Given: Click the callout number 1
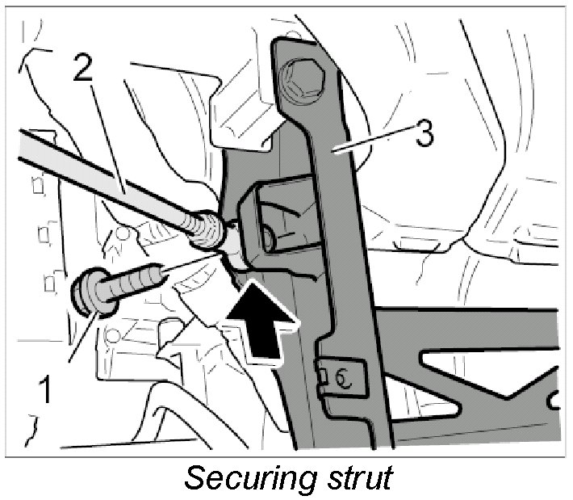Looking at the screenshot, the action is (x=46, y=389).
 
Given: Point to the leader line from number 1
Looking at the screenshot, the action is (x=81, y=339).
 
